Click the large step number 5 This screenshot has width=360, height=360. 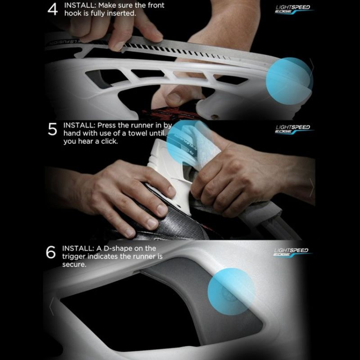52,130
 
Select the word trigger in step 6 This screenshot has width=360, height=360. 74,256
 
